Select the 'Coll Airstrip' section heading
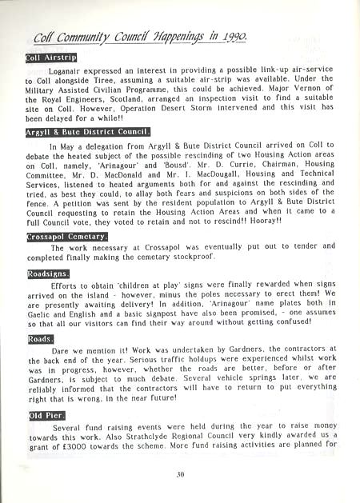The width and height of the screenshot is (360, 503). [x=50, y=57]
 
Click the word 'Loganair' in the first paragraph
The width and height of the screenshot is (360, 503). [x=69, y=71]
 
